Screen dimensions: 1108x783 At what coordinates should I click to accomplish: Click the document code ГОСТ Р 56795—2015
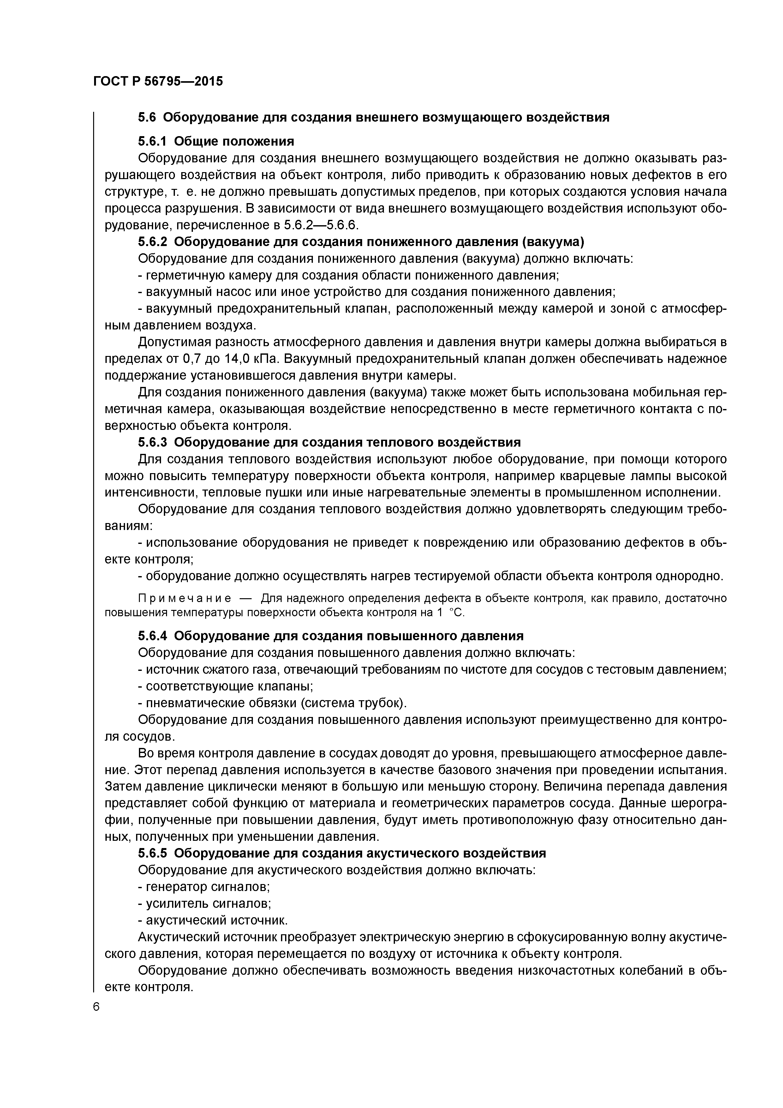pyautogui.click(x=158, y=81)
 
